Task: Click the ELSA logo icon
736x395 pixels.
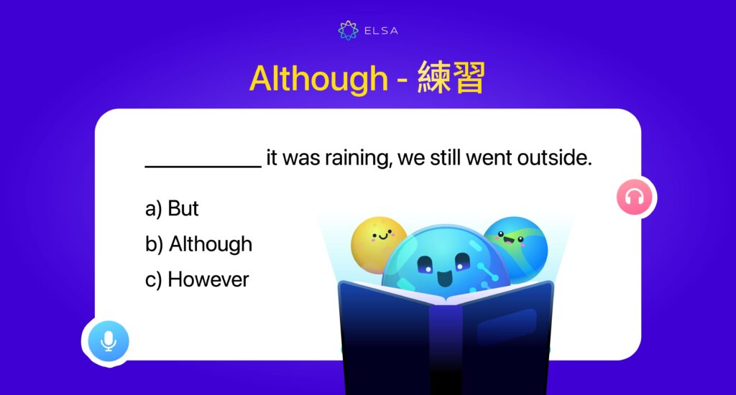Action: click(x=349, y=30)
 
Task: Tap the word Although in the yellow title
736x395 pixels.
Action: click(x=318, y=78)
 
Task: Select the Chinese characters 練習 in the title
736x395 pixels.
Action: click(x=451, y=78)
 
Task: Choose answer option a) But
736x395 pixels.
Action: click(x=172, y=208)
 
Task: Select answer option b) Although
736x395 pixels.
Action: click(x=198, y=244)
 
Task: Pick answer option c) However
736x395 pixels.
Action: click(x=197, y=279)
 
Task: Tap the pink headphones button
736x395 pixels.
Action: click(x=634, y=197)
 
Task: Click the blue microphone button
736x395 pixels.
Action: click(x=109, y=340)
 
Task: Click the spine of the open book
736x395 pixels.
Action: click(x=446, y=345)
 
